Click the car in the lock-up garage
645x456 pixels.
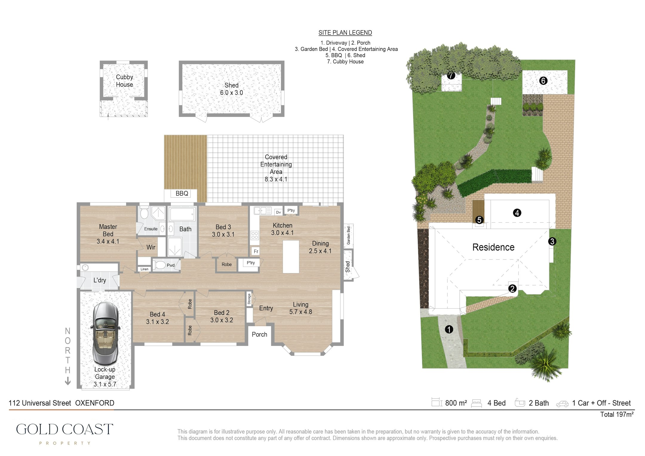pos(106,333)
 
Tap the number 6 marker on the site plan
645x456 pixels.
pos(543,81)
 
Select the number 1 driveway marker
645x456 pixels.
pos(449,329)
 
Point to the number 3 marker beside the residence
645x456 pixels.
pos(552,241)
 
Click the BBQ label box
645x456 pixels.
pos(182,193)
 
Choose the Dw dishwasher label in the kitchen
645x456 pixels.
pos(279,212)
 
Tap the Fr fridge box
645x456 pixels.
pos(256,251)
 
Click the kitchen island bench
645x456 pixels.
pos(291,257)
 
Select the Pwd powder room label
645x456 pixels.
pos(171,265)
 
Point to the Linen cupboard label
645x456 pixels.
pos(145,269)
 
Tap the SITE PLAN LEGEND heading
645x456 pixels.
pos(345,33)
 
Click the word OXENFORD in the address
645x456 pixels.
pos(95,403)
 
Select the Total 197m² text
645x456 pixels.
pos(617,414)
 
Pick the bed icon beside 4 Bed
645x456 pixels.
pos(477,403)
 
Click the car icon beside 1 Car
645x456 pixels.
pos(562,404)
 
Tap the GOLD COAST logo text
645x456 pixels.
pos(64,429)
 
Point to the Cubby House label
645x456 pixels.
pos(125,81)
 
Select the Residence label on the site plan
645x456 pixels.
pos(493,247)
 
